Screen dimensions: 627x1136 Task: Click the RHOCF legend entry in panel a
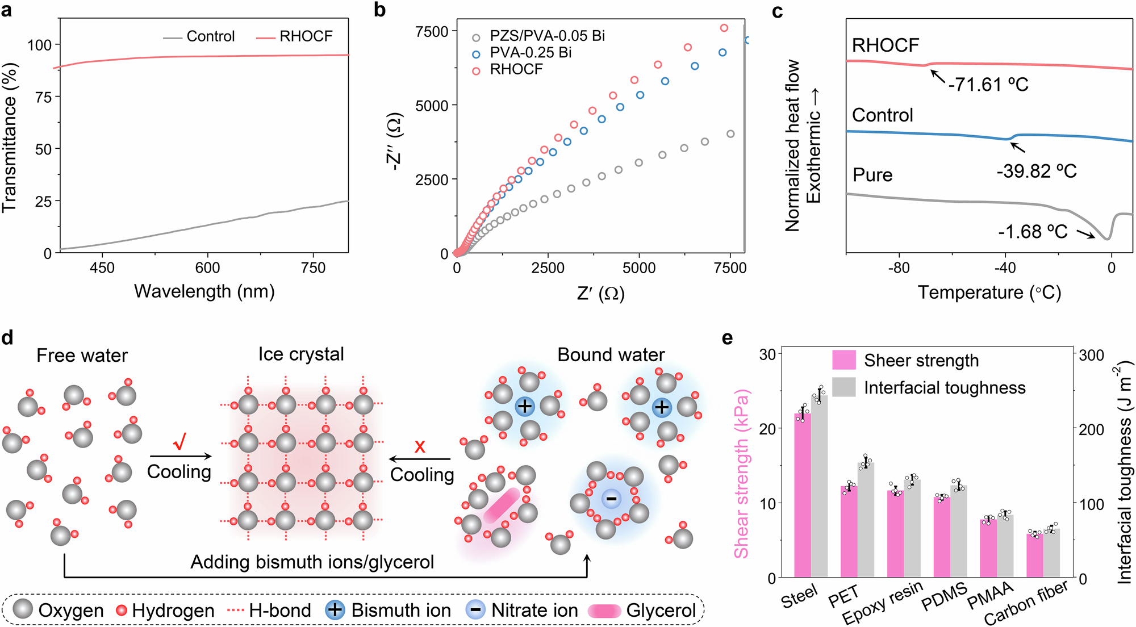pos(306,36)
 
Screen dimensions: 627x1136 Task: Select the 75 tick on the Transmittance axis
pos(44,97)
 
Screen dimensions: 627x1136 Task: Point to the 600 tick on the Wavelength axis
pos(207,267)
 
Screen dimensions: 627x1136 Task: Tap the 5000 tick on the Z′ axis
pos(639,268)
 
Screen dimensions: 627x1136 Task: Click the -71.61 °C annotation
pos(988,85)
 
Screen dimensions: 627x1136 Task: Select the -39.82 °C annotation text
pos(1037,171)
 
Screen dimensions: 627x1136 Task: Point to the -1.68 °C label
pos(1033,232)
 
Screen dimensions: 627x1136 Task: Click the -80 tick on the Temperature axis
pos(899,267)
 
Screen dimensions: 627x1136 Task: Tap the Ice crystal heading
pos(301,354)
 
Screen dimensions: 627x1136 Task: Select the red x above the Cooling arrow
pos(420,446)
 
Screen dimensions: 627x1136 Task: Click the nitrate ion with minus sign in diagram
pos(611,499)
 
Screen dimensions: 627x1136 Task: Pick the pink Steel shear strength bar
pos(802,494)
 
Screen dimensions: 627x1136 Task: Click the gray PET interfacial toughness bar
pos(866,520)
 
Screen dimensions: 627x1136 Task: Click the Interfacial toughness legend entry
pos(944,388)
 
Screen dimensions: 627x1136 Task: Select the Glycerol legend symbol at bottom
pos(604,611)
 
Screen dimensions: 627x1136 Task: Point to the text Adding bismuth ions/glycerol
pos(312,562)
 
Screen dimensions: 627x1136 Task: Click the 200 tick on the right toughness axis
pos(1091,429)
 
